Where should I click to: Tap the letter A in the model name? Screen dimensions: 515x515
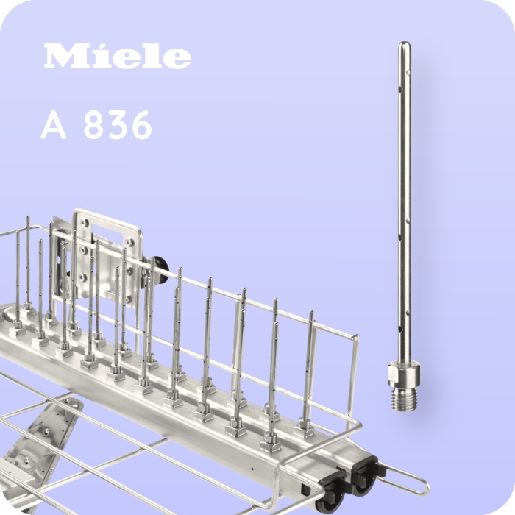[54, 127]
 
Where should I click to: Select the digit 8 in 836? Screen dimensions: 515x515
[93, 127]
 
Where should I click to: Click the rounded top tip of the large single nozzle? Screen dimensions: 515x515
[404, 46]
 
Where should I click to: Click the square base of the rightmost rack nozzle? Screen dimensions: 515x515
[304, 430]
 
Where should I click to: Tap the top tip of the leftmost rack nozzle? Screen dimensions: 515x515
[27, 219]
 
